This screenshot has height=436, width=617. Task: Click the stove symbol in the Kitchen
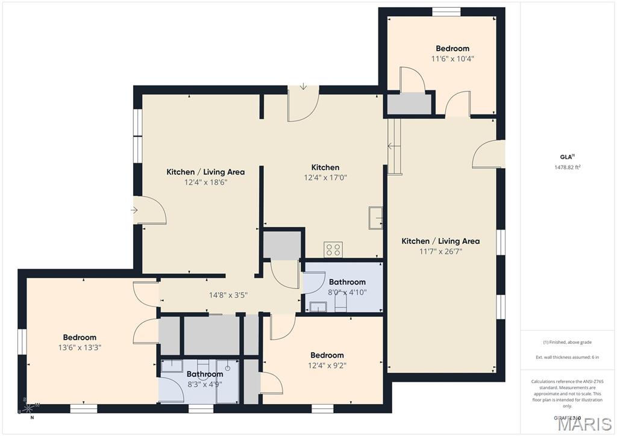[x=333, y=249]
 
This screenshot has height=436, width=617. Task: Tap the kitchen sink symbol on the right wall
[x=377, y=217]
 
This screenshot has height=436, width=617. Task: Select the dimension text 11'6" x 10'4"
[x=453, y=59]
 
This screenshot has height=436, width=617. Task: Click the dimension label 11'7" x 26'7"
[x=440, y=252]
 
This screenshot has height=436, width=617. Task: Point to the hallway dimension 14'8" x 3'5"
[x=228, y=295]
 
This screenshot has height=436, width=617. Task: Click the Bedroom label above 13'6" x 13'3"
[x=80, y=337]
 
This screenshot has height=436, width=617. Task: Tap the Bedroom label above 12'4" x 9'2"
[x=327, y=355]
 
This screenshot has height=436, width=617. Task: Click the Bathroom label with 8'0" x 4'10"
[x=347, y=282]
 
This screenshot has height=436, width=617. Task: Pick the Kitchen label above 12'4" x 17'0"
[x=325, y=167]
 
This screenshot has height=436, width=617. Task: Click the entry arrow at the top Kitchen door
[x=303, y=87]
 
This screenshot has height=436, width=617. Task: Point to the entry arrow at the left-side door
[x=134, y=210]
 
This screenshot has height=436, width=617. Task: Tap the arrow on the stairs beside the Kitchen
[x=390, y=146]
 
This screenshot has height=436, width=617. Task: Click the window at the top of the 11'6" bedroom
[x=446, y=11]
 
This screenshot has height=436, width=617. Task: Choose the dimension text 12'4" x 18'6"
[x=205, y=182]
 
